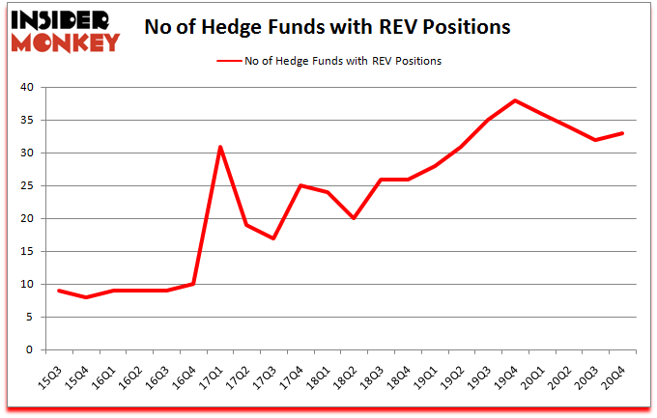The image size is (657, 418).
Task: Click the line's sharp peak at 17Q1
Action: pyautogui.click(x=220, y=147)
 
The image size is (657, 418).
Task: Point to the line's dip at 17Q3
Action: pyautogui.click(x=274, y=238)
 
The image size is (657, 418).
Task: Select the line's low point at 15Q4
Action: pyautogui.click(x=87, y=297)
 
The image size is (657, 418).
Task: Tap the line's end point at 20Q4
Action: pyautogui.click(x=622, y=133)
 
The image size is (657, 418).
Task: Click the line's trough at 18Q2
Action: pyautogui.click(x=355, y=218)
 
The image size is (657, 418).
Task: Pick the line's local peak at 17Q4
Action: pyautogui.click(x=300, y=185)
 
